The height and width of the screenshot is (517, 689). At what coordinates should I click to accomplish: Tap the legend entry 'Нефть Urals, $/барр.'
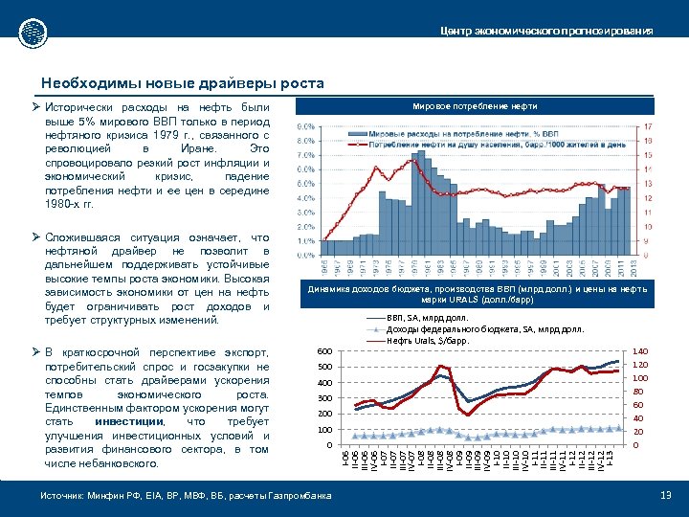[431, 340]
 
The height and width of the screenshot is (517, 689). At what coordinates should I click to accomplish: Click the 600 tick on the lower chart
[325, 351]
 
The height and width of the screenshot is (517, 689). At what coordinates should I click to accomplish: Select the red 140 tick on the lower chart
[640, 351]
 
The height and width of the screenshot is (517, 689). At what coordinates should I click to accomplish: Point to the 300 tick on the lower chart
[325, 398]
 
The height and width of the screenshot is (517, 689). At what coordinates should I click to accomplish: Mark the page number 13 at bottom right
[666, 494]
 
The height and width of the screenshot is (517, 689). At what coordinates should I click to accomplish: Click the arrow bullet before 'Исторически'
[36, 107]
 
